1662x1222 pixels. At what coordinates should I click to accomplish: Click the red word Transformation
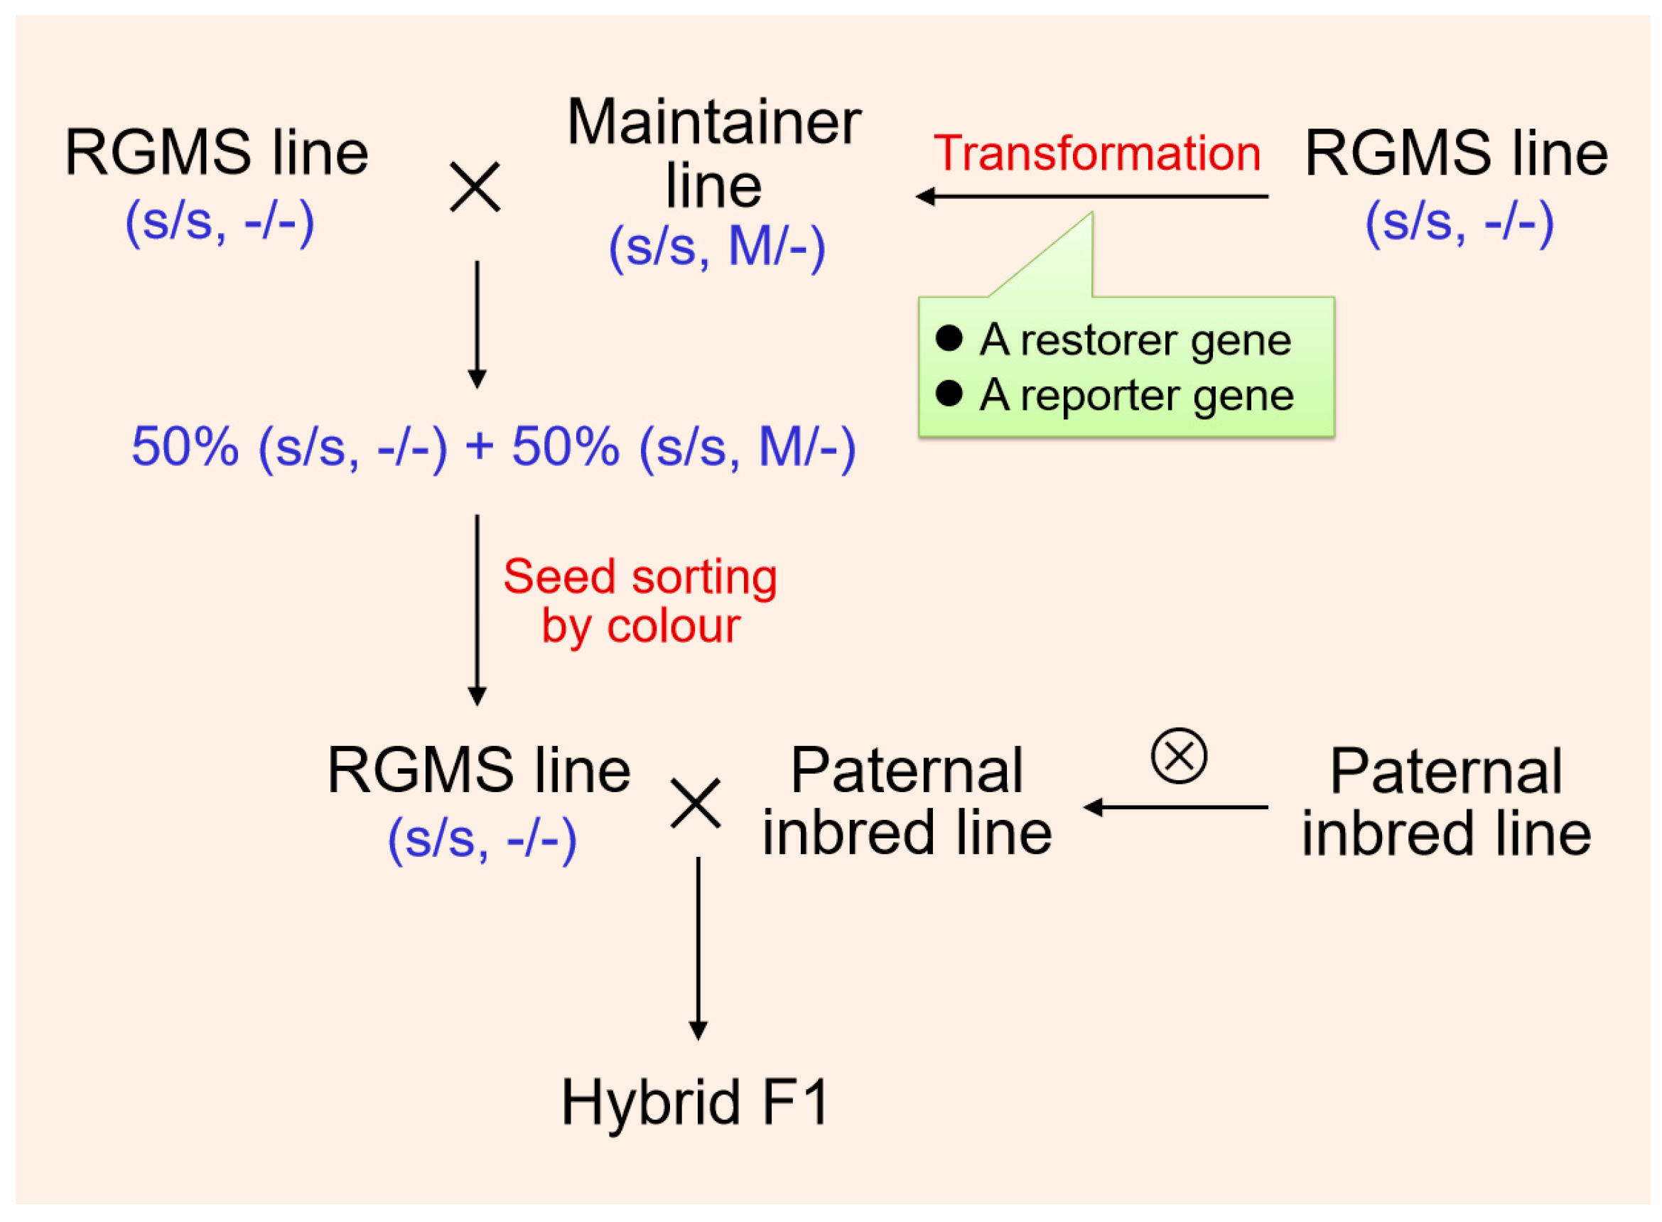pyautogui.click(x=1097, y=154)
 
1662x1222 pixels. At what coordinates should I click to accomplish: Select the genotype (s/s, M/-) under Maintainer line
pyautogui.click(x=716, y=247)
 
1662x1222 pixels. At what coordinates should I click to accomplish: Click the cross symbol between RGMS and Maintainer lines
pyautogui.click(x=475, y=188)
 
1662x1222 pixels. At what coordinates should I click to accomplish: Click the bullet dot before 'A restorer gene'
pyautogui.click(x=948, y=339)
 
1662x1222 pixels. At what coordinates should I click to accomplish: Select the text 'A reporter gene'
pyautogui.click(x=1136, y=396)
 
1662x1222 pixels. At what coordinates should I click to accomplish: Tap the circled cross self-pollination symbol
pyautogui.click(x=1179, y=756)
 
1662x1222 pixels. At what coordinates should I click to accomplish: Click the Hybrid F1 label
pyautogui.click(x=694, y=1103)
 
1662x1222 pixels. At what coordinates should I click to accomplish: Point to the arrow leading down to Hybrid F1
pyautogui.click(x=698, y=948)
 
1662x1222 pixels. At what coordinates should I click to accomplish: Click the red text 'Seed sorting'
pyautogui.click(x=640, y=577)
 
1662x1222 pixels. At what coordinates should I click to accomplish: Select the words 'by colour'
pyautogui.click(x=640, y=627)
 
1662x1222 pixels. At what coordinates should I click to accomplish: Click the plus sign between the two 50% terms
pyautogui.click(x=480, y=446)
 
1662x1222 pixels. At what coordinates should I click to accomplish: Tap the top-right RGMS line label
pyautogui.click(x=1456, y=153)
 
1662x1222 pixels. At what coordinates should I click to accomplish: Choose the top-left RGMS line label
pyautogui.click(x=216, y=153)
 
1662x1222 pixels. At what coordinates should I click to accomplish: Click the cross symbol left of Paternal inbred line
pyautogui.click(x=695, y=804)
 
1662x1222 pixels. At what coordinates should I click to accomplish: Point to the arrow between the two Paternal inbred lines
pyautogui.click(x=1175, y=807)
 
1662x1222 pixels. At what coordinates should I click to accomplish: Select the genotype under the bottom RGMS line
pyautogui.click(x=482, y=840)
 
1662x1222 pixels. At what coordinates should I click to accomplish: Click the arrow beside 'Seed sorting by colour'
pyautogui.click(x=477, y=610)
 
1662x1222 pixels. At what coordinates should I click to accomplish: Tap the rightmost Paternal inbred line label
pyautogui.click(x=1445, y=802)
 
